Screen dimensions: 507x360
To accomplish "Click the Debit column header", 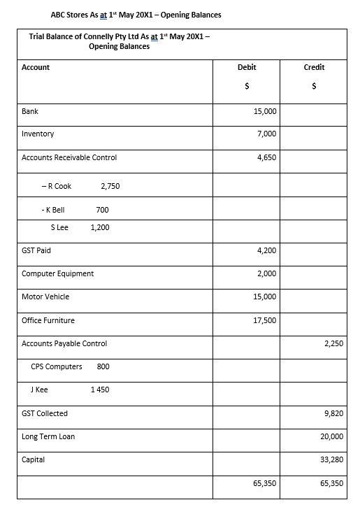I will click(x=247, y=68).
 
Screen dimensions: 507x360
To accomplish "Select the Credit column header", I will click(x=314, y=68).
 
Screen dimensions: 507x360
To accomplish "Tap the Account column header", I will click(x=36, y=68).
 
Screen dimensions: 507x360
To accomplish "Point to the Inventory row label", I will click(x=38, y=134).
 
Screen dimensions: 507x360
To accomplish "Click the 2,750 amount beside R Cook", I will click(x=110, y=187).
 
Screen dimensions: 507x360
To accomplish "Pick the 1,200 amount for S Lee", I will click(x=100, y=227).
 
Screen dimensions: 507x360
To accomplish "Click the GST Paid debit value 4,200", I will click(x=266, y=250).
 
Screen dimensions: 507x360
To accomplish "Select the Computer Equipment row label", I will click(x=57, y=273).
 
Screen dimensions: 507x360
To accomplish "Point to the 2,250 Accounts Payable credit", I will click(x=333, y=343).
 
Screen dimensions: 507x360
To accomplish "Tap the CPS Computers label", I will click(x=57, y=366).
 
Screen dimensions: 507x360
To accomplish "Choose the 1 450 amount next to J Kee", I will click(x=100, y=390).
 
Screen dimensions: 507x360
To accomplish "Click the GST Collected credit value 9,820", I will click(x=333, y=413).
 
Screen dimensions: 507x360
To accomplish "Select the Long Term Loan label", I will click(x=48, y=436).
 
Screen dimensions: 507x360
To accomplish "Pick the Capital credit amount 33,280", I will click(x=332, y=459).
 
